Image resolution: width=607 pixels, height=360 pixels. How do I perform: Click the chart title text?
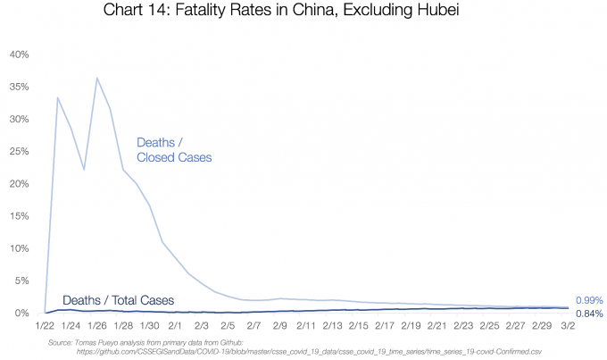pyautogui.click(x=303, y=13)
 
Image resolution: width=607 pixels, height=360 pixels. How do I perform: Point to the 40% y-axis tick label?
pyautogui.click(x=19, y=54)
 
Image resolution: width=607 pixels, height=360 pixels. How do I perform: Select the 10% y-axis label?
pyautogui.click(x=19, y=248)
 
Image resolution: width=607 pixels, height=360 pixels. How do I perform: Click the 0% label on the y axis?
pyautogui.click(x=21, y=313)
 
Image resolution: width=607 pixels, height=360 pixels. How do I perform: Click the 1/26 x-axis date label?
pyautogui.click(x=97, y=327)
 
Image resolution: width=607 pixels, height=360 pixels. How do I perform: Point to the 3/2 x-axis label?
pyautogui.click(x=568, y=327)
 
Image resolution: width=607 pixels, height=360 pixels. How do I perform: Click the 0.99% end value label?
pyautogui.click(x=589, y=300)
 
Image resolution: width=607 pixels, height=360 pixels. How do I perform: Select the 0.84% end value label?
pyautogui.click(x=589, y=314)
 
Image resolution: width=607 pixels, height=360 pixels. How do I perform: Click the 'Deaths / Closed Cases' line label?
pyautogui.click(x=174, y=150)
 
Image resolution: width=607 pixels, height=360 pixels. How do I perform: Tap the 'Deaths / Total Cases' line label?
pyautogui.click(x=118, y=300)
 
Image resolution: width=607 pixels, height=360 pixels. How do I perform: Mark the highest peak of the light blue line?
pyautogui.click(x=97, y=79)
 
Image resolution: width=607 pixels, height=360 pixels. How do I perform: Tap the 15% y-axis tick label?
pyautogui.click(x=19, y=215)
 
